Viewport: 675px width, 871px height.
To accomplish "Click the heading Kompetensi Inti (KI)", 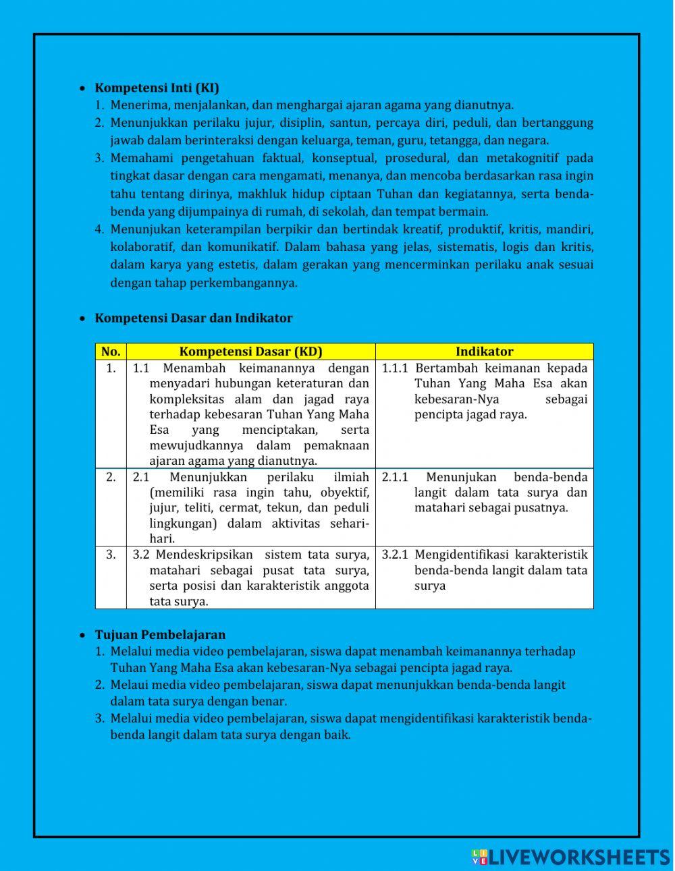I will pos(157,88).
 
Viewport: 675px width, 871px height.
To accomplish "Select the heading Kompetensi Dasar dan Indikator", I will pos(193,318).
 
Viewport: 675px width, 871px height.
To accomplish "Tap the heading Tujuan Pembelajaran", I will pos(160,634).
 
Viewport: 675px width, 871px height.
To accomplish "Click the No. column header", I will pos(111,352).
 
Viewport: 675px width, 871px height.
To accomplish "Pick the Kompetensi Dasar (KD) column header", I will pos(250,352).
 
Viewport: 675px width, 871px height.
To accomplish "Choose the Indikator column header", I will pos(484,352).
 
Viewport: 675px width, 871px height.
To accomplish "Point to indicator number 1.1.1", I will pos(395,368).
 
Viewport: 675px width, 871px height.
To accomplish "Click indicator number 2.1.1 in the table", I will pos(395,477).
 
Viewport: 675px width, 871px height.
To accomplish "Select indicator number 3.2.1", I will pos(395,555).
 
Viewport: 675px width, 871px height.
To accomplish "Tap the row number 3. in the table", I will pos(111,555).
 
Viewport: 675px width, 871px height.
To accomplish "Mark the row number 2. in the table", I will pos(111,477).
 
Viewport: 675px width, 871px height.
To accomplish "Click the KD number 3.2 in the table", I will pos(140,555).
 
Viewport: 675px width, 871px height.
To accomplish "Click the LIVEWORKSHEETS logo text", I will pos(578,857).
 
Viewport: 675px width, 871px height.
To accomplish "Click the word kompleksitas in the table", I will pos(185,399).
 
